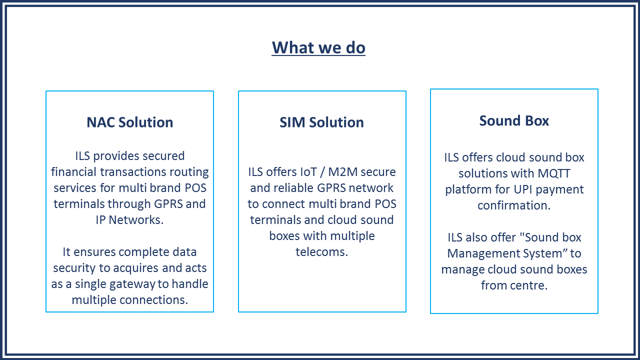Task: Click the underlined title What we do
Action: (318, 47)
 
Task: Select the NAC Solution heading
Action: (129, 122)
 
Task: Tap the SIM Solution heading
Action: (321, 122)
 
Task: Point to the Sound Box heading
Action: (514, 120)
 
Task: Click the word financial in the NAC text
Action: (73, 172)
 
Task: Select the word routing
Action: (192, 172)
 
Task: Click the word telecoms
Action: (321, 252)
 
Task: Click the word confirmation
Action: (513, 205)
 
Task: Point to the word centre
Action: (530, 285)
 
